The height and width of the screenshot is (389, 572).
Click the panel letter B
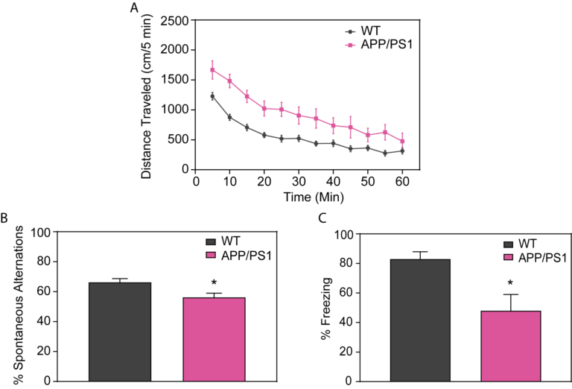(5, 220)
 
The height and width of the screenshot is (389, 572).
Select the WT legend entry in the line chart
(361, 31)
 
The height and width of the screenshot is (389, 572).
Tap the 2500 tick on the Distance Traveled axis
(177, 19)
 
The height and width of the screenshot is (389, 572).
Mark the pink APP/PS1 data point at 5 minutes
(213, 70)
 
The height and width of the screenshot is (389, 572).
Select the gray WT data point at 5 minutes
(213, 96)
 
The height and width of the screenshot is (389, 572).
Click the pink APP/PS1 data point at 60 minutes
(403, 141)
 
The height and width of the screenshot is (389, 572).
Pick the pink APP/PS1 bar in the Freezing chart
(509, 346)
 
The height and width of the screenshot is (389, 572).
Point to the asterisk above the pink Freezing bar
(509, 284)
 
